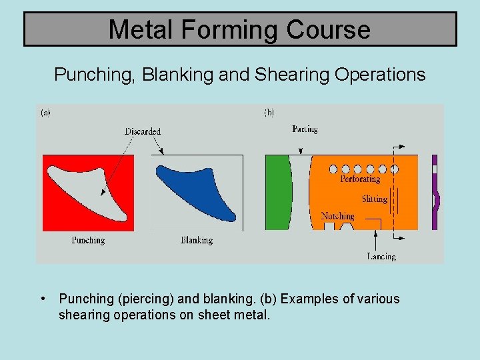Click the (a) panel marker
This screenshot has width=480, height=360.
tap(45, 113)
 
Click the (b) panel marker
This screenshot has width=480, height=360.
tap(269, 113)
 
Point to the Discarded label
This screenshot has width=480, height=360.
tap(143, 131)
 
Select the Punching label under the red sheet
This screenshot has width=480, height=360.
tap(88, 240)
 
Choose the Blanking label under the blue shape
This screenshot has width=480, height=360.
tap(197, 240)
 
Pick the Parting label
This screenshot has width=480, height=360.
tap(305, 129)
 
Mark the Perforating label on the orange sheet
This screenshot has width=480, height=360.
tap(360, 179)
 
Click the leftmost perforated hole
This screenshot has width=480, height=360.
tap(333, 169)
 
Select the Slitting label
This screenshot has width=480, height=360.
tap(375, 199)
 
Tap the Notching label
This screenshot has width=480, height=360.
tap(337, 216)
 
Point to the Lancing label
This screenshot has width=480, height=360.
tap(381, 256)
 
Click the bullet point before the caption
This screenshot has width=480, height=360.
tap(43, 299)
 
